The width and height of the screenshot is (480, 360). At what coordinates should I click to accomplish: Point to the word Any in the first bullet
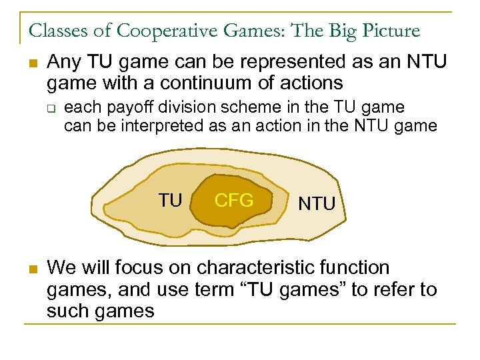(63, 63)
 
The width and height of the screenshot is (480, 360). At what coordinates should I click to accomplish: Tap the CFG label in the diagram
(234, 200)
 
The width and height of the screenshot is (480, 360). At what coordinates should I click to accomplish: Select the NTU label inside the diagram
(317, 203)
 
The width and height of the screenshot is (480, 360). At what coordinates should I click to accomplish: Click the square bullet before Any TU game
(32, 64)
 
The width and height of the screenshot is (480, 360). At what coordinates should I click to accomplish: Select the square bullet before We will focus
(32, 269)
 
